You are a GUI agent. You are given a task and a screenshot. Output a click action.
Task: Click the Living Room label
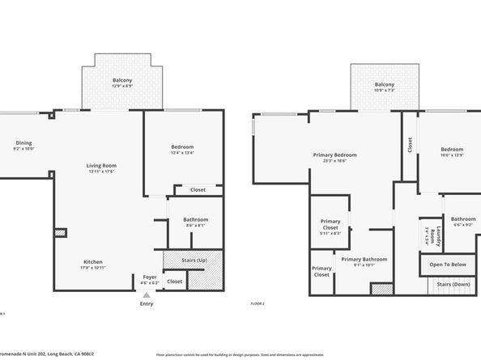point(101,165)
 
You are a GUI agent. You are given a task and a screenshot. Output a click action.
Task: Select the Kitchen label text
point(94,261)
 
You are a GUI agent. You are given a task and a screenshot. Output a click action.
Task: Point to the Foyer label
point(150,276)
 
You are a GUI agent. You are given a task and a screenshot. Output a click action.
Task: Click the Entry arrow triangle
point(147,296)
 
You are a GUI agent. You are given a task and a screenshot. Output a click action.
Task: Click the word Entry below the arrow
point(147,304)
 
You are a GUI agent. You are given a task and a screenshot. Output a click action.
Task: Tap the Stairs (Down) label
point(454,284)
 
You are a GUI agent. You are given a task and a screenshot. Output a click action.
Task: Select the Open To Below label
point(447,265)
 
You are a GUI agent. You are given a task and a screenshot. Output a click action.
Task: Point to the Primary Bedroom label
point(334,155)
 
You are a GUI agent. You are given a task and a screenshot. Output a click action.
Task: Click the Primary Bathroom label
point(364,259)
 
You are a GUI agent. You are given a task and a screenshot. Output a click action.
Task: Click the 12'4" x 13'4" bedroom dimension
point(182,153)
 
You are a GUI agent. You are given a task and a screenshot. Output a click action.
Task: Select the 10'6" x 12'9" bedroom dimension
point(452,155)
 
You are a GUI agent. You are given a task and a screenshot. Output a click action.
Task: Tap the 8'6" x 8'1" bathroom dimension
point(195,226)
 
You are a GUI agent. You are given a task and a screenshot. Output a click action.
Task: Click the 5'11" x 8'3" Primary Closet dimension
point(330,233)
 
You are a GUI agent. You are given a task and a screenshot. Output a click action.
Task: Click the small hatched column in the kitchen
point(60,233)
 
